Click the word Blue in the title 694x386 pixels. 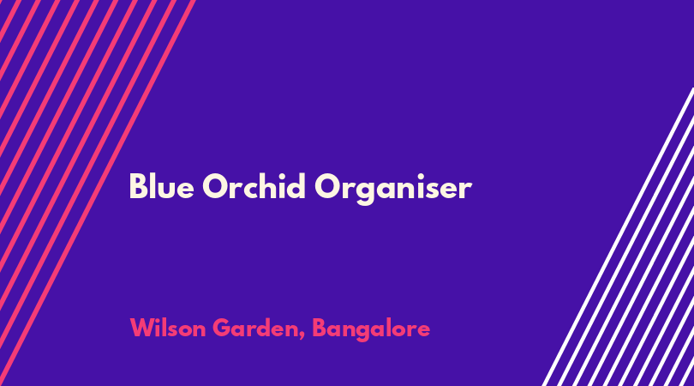pyautogui.click(x=162, y=186)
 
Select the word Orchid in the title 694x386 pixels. pyautogui.click(x=254, y=186)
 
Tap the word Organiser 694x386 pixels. pyautogui.click(x=393, y=189)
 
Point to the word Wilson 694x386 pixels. pyautogui.click(x=168, y=328)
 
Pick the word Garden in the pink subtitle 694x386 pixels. pyautogui.click(x=257, y=329)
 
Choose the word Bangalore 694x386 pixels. pyautogui.click(x=371, y=329)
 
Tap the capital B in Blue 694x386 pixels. pyautogui.click(x=138, y=186)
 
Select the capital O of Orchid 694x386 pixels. pyautogui.click(x=215, y=186)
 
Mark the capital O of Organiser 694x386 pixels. pyautogui.click(x=327, y=186)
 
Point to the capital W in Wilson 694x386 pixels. pyautogui.click(x=142, y=328)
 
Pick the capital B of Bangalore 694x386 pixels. pyautogui.click(x=320, y=328)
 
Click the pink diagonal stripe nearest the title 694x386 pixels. pyautogui.click(x=97, y=193)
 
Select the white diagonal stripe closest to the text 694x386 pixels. pyautogui.click(x=618, y=237)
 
